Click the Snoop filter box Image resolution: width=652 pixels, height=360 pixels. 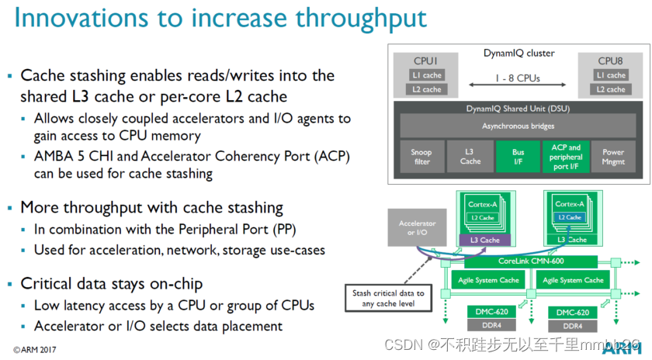[x=421, y=156]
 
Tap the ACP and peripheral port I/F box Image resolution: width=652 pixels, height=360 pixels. [x=565, y=156]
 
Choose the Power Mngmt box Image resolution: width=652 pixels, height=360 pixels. [x=613, y=156]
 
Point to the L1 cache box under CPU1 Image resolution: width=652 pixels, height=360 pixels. [x=427, y=75]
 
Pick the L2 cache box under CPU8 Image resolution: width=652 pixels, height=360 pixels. [x=611, y=89]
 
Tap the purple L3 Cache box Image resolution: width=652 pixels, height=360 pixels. [x=484, y=241]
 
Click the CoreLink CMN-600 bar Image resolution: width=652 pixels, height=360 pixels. [x=531, y=261]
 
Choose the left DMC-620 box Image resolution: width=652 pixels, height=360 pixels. [x=493, y=311]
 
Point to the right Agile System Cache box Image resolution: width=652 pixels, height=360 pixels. [x=572, y=279]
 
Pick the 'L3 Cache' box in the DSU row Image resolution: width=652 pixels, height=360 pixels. [x=470, y=156]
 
